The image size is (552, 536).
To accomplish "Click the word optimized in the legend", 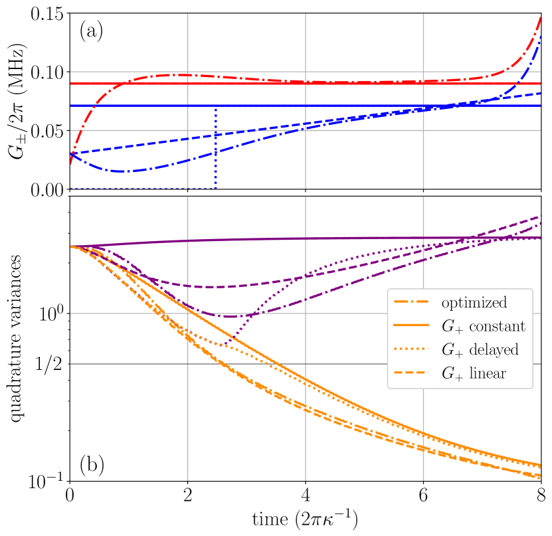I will [x=474, y=303].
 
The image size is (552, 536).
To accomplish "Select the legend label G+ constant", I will [x=483, y=326].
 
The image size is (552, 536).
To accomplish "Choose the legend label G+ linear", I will [x=474, y=373].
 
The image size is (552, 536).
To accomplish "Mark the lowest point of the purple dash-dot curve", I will [x=229, y=316].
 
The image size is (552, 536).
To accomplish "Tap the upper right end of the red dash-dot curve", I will [x=539, y=17].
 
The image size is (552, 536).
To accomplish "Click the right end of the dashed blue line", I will [x=539, y=94].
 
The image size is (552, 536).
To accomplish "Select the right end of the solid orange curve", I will [x=539, y=465].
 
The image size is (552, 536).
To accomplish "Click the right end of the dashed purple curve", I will [x=539, y=217].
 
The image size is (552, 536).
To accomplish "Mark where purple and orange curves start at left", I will [x=71, y=246].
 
